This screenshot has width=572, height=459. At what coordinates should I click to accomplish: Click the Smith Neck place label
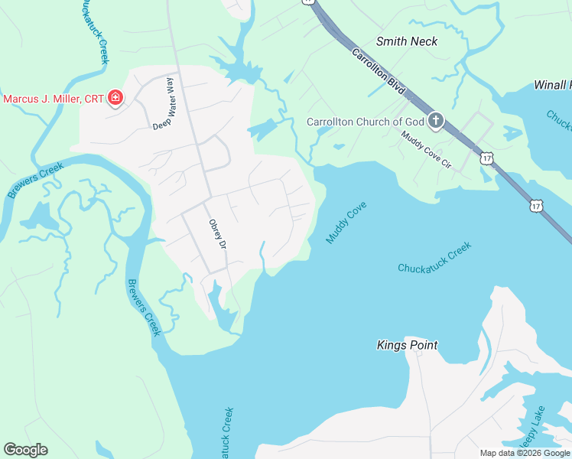pyautogui.click(x=407, y=41)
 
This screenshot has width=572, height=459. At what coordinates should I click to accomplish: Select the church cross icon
pyautogui.click(x=436, y=120)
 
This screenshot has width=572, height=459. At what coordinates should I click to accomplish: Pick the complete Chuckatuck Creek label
pyautogui.click(x=434, y=257)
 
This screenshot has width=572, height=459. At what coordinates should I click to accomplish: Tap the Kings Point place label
pyautogui.click(x=407, y=345)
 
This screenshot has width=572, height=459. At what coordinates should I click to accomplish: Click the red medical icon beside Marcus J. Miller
pyautogui.click(x=115, y=98)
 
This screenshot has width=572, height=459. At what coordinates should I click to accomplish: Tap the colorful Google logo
pyautogui.click(x=25, y=450)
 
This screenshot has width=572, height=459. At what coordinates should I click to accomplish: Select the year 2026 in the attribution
pyautogui.click(x=530, y=453)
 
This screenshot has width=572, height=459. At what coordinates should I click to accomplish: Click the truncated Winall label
pyautogui.click(x=552, y=84)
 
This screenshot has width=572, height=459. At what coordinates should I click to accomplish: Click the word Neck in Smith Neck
pyautogui.click(x=425, y=41)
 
